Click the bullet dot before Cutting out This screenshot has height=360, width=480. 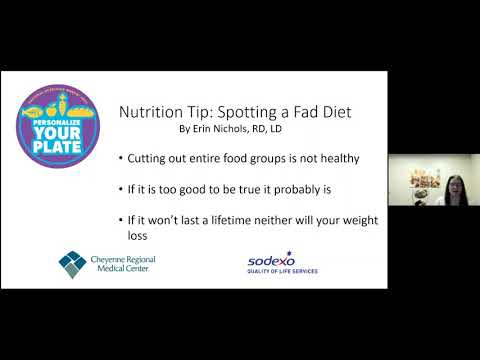[x=122, y=159]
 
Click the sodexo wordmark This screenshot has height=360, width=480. [x=276, y=261]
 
